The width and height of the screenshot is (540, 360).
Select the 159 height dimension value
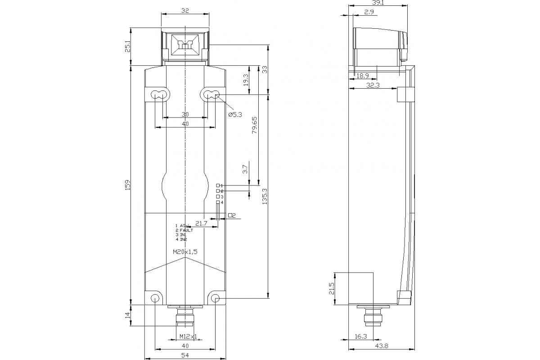coord(127,184)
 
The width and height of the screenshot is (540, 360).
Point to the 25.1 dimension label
coord(127,47)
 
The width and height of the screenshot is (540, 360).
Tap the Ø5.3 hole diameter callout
coord(235,115)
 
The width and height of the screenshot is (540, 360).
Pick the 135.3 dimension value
coord(265,196)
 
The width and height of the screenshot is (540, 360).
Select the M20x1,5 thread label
coord(185,252)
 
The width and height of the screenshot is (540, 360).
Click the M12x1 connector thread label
coord(188,336)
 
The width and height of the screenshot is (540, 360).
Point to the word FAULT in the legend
coord(186,230)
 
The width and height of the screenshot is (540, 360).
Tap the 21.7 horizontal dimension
coord(201,223)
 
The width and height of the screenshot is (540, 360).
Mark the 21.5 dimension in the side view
coord(332,288)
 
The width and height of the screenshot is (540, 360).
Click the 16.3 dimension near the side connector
coord(361,336)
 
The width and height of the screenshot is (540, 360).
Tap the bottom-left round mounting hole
coord(155,298)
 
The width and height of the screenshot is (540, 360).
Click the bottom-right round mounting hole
coord(215,298)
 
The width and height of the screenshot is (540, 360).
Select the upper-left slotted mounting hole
coord(157,94)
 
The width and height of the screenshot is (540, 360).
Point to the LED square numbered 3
coord(218,197)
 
